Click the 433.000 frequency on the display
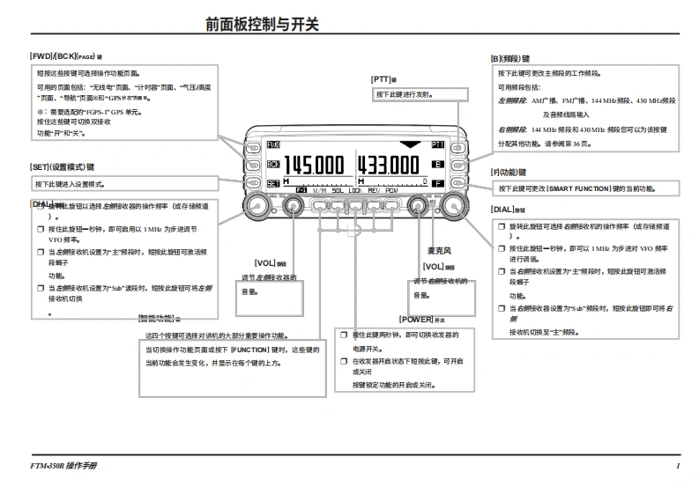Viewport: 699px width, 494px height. [389, 165]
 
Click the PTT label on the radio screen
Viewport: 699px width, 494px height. [437, 144]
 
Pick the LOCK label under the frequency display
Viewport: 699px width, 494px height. [355, 190]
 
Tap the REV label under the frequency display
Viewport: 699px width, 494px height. [373, 190]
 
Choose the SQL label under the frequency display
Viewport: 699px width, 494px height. [338, 190]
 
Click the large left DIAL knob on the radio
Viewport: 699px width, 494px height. [259, 206]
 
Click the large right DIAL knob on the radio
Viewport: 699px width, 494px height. [454, 206]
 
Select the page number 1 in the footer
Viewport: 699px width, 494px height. [678, 465]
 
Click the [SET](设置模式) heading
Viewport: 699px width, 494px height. [62, 166]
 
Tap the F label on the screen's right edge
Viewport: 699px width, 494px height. [437, 183]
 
